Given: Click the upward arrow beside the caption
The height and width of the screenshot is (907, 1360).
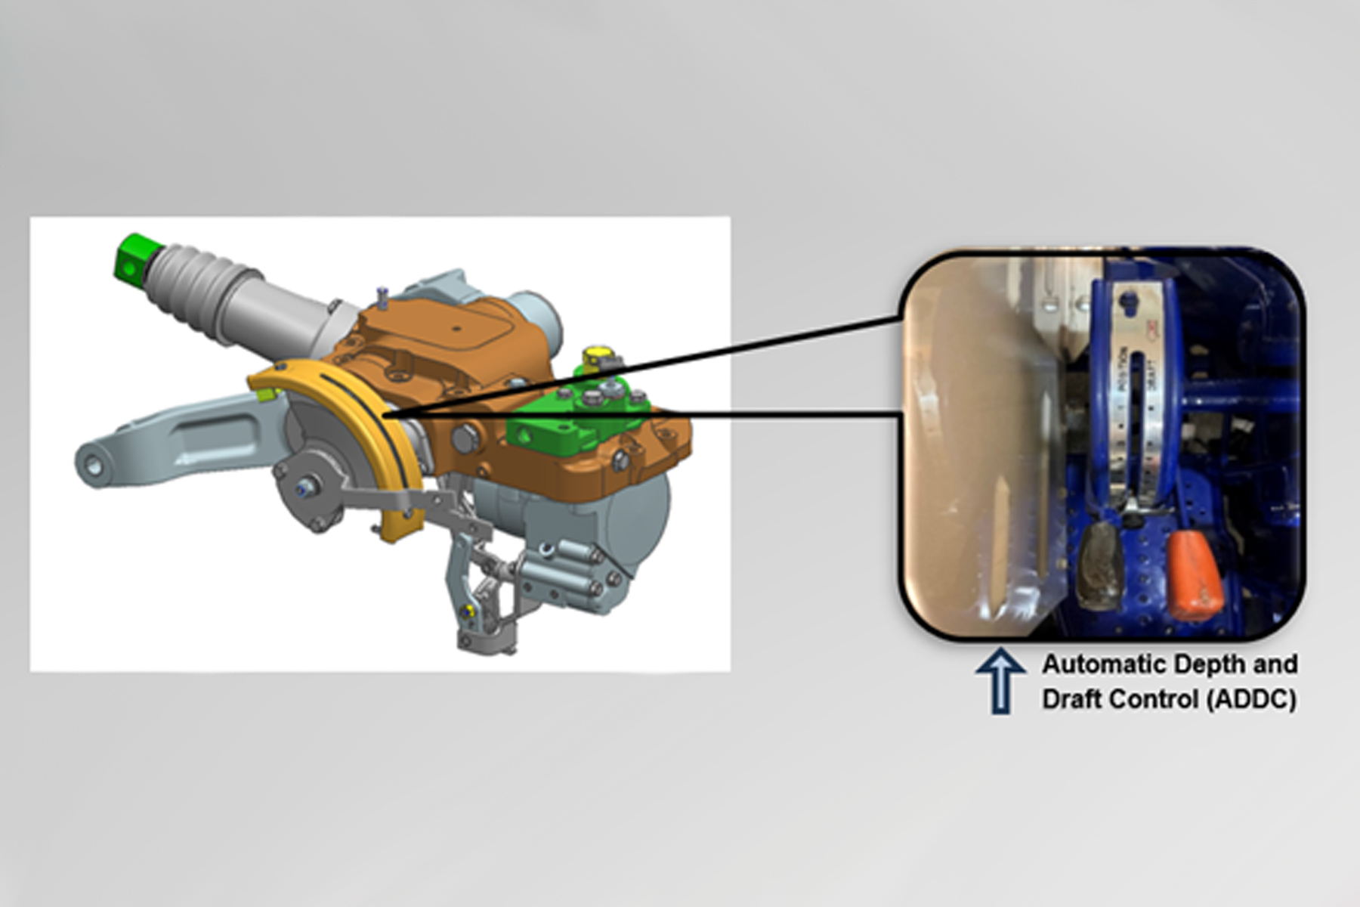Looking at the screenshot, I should [1000, 680].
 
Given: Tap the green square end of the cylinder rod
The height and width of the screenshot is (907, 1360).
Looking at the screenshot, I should [134, 255].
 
